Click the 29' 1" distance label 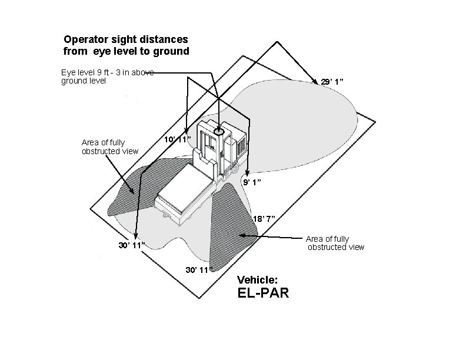click(x=332, y=82)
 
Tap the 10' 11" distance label click(x=177, y=139)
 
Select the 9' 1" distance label click(x=252, y=182)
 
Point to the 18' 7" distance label click(x=263, y=219)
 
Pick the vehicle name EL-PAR click(x=262, y=292)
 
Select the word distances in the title click(x=166, y=39)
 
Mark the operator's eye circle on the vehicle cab click(x=219, y=132)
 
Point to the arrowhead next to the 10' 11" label click(x=187, y=132)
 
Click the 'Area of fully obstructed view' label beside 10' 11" click(x=109, y=146)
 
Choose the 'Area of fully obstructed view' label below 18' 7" click(x=335, y=243)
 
